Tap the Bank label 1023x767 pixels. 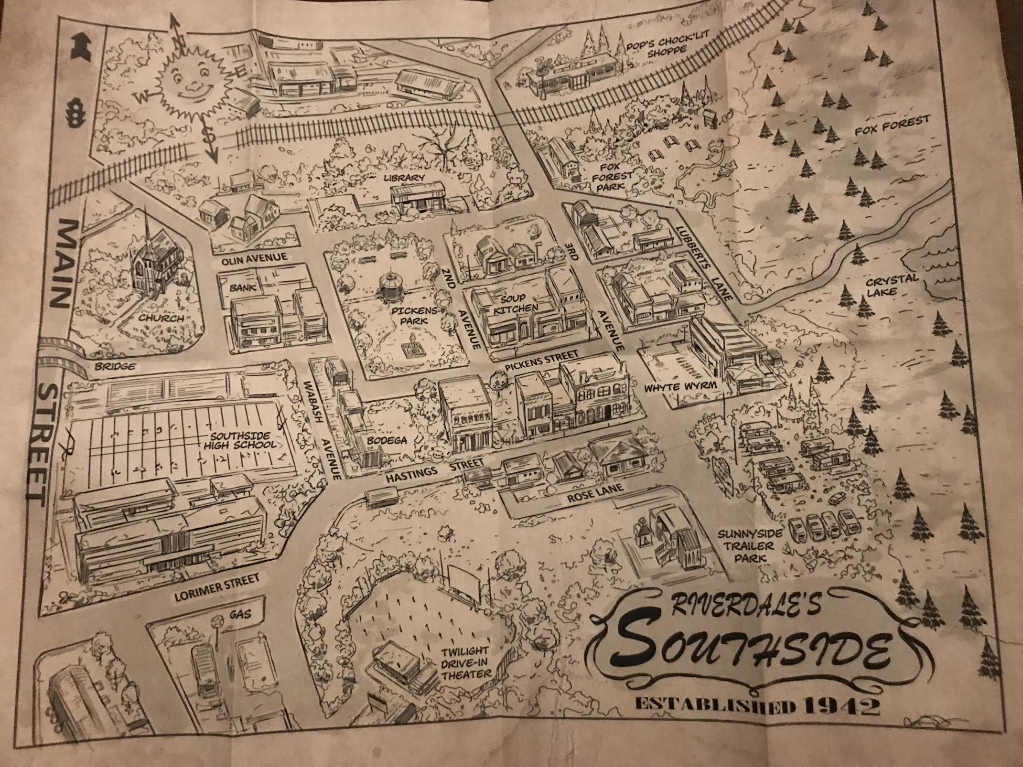tap(243, 288)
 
